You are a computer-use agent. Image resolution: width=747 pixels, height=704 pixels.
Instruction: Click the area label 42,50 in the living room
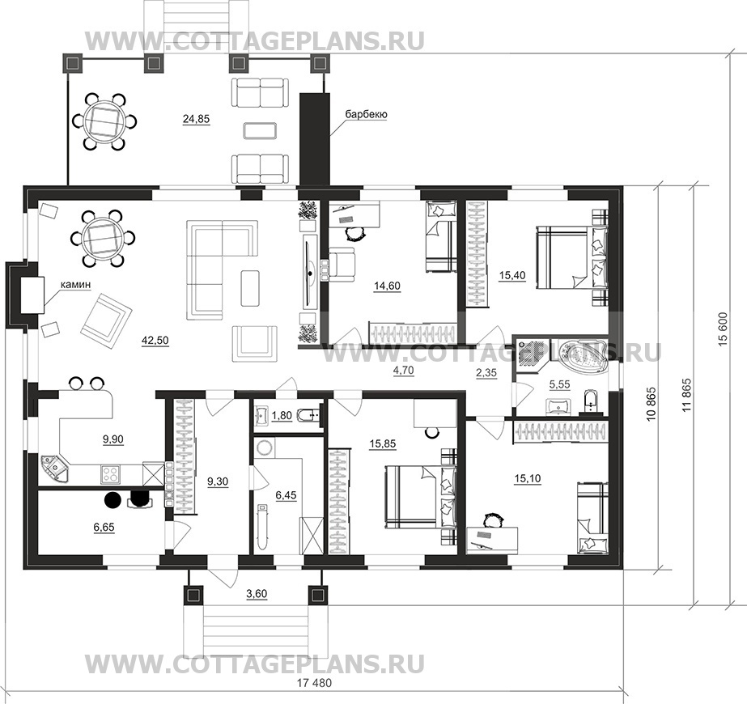(x=155, y=341)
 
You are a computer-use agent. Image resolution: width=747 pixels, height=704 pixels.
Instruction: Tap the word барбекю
(x=366, y=114)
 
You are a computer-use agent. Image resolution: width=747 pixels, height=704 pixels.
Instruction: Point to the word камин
(x=75, y=285)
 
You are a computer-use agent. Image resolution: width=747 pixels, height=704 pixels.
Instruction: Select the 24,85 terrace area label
(x=197, y=119)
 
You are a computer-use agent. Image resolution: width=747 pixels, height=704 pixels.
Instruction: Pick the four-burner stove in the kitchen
(x=111, y=474)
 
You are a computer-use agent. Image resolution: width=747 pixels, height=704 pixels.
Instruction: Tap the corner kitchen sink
(x=55, y=469)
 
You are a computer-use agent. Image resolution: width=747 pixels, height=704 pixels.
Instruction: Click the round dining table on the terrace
(x=104, y=122)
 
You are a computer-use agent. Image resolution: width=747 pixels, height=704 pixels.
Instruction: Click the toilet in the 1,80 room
(x=308, y=416)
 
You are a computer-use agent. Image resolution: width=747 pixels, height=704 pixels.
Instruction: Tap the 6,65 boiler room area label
(x=104, y=528)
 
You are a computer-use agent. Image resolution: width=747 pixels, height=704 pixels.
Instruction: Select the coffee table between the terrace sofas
(x=260, y=130)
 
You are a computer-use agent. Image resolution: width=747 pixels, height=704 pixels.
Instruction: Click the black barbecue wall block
(x=314, y=139)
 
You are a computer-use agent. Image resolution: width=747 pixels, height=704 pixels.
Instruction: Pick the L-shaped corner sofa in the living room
(x=222, y=269)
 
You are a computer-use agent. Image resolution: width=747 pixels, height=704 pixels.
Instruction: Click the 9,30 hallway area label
(x=218, y=482)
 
